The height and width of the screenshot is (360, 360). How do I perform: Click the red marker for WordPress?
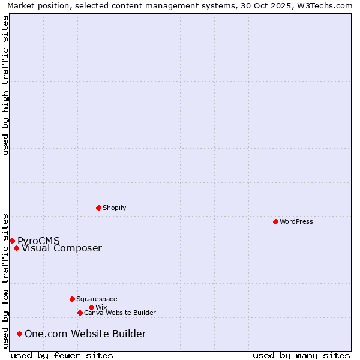275,221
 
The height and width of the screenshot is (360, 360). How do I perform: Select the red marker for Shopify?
98,208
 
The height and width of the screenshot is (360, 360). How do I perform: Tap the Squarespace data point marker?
72,299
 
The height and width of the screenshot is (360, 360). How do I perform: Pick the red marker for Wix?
91,307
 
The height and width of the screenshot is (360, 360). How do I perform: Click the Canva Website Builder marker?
80,313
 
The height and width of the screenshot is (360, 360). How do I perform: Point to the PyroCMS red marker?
12,241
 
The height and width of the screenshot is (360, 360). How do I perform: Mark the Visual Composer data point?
16,248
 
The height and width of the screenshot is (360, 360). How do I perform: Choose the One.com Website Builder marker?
20,334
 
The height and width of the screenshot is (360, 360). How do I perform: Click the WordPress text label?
296,221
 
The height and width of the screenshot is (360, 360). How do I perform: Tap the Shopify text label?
114,208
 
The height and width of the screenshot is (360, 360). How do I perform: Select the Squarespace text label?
97,299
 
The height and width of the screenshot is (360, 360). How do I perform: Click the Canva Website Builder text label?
119,313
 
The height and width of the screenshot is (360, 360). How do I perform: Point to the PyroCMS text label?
38,241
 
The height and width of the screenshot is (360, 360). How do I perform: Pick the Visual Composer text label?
62,248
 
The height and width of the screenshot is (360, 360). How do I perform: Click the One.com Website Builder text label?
85,334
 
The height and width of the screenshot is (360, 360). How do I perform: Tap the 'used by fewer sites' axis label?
62,355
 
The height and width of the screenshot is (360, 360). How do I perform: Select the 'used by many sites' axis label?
301,355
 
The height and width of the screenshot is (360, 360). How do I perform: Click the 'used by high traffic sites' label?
6,85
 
